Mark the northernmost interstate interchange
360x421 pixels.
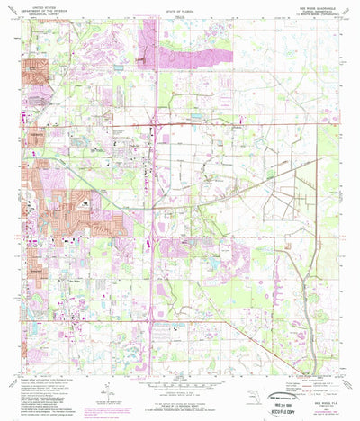tap(158, 120)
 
